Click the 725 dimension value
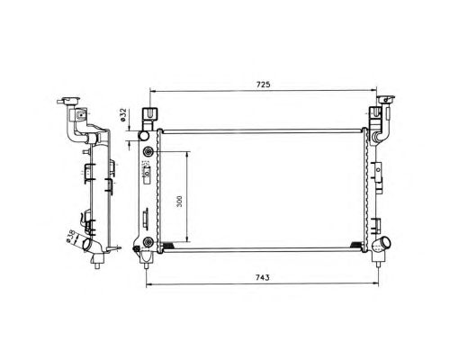[263, 85]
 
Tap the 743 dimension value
[262, 277]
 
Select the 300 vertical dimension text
[179, 202]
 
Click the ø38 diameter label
[70, 236]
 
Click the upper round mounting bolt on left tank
[148, 152]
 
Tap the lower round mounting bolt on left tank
[148, 242]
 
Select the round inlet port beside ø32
[143, 136]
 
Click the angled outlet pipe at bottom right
[382, 243]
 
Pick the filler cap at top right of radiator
[385, 99]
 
